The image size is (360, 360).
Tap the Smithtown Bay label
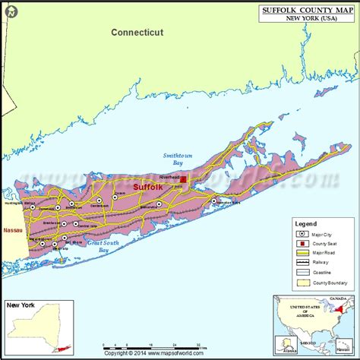[174, 159]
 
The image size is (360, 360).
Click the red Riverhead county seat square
[183, 180]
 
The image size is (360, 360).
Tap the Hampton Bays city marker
[214, 201]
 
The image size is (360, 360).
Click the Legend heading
[307, 224]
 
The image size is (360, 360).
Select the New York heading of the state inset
[21, 305]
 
